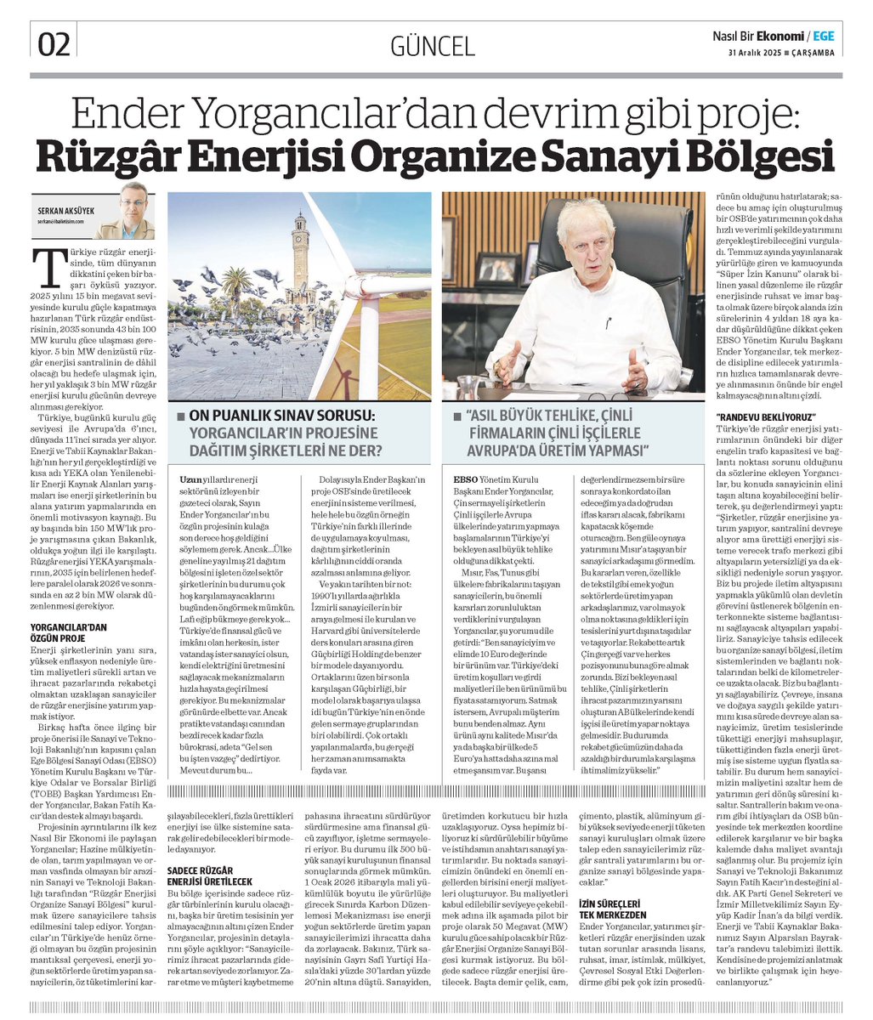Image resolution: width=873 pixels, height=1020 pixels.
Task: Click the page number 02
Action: (54, 43)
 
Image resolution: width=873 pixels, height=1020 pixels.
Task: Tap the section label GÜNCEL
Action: (432, 45)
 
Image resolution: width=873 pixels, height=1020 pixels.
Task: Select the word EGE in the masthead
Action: (823, 36)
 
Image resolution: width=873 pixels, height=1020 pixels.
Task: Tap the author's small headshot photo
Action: (133, 210)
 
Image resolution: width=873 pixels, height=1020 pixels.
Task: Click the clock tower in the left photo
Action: (298, 255)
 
